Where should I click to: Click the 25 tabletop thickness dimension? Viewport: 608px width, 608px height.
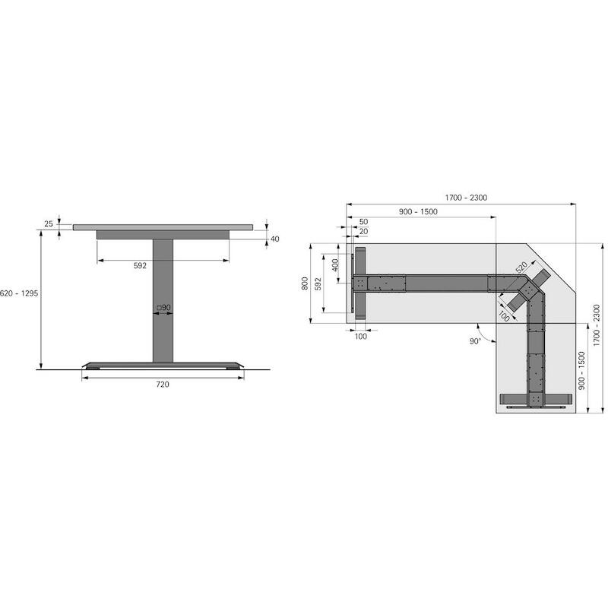coord(49,223)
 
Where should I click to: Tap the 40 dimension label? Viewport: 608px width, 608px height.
coord(275,239)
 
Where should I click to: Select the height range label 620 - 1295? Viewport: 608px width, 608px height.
coord(19,293)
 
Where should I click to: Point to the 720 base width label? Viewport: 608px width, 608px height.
coord(163,385)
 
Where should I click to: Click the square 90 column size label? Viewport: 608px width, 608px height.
coord(163,308)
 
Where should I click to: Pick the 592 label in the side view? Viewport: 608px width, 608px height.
coord(140,265)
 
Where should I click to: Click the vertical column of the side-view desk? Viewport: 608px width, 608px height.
coord(163,300)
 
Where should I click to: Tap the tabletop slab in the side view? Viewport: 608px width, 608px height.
coord(163,227)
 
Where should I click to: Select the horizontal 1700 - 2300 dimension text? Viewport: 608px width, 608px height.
coord(466,198)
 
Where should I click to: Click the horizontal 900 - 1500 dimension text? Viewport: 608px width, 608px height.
coord(418,212)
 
